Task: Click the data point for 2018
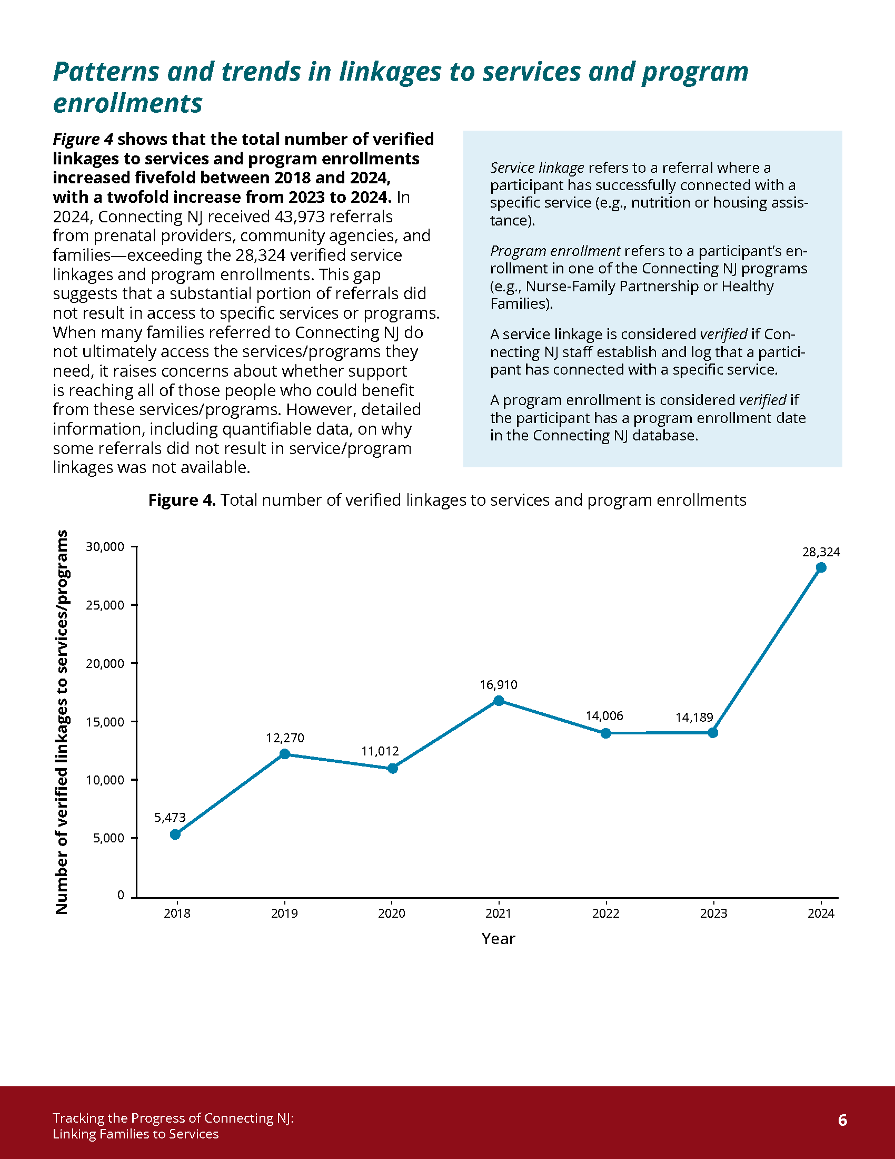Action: click(175, 834)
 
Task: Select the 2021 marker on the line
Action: click(499, 701)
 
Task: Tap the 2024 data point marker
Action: click(821, 567)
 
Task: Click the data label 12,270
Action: click(285, 738)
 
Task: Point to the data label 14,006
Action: click(604, 715)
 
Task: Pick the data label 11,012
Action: click(380, 751)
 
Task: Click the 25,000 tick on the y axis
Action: click(105, 605)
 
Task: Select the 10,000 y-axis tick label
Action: click(105, 780)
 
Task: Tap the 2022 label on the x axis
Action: click(605, 914)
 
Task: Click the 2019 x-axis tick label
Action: click(284, 914)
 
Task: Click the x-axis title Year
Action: click(498, 939)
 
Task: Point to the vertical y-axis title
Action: click(62, 722)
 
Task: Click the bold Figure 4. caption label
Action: click(182, 500)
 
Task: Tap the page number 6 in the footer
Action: click(842, 1119)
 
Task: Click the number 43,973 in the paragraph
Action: click(299, 217)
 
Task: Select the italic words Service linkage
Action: click(536, 168)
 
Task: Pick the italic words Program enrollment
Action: click(554, 250)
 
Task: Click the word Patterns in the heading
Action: click(106, 72)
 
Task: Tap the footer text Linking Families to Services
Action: click(136, 1134)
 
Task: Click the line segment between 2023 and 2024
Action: click(767, 650)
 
